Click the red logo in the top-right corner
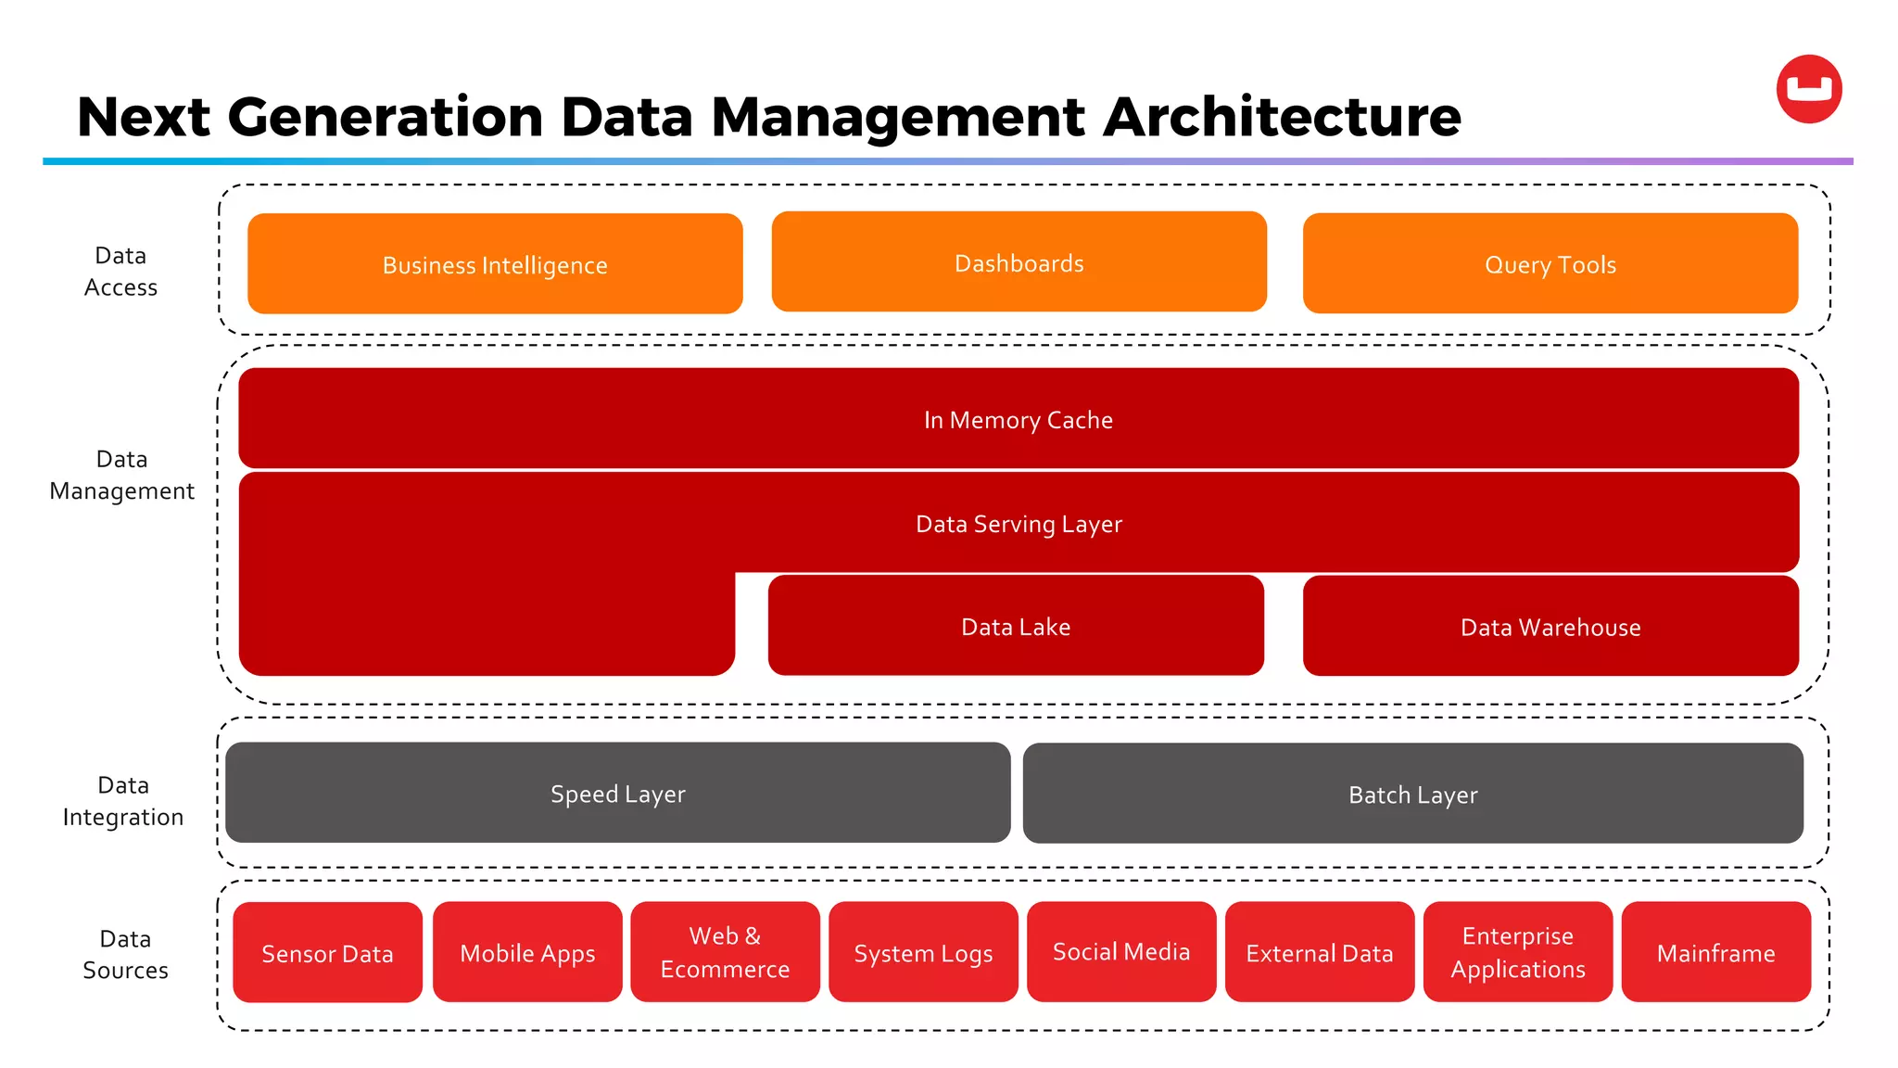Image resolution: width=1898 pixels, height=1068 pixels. tap(1808, 89)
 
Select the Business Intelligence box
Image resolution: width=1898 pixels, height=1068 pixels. tap(495, 264)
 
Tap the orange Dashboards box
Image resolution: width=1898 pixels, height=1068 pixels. tap(1019, 262)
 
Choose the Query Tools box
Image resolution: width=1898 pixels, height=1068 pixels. tap(1550, 264)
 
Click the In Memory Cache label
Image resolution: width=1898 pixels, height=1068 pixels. tap(1018, 420)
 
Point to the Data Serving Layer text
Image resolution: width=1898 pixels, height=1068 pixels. tap(1018, 524)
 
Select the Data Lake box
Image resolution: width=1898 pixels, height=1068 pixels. tap(1016, 626)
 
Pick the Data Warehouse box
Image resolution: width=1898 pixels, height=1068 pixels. tap(1550, 627)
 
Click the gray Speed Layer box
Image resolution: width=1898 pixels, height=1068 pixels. tap(617, 794)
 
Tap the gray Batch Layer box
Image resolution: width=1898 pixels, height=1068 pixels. tap(1412, 795)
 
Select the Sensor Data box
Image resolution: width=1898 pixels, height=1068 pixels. tap(327, 953)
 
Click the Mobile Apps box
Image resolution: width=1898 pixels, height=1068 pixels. tap(527, 953)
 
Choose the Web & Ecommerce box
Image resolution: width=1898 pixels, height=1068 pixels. tap(725, 953)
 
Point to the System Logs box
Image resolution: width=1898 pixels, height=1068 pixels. tap(923, 953)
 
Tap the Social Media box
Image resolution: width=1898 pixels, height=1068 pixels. tap(1120, 952)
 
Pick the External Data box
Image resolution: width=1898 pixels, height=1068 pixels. tap(1319, 953)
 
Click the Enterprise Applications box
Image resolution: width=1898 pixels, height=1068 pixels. tap(1517, 953)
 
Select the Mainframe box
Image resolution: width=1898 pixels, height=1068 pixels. tap(1715, 953)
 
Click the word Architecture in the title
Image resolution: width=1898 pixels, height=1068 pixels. tap(1282, 118)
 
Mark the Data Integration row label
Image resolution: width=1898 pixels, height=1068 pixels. tap(123, 801)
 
